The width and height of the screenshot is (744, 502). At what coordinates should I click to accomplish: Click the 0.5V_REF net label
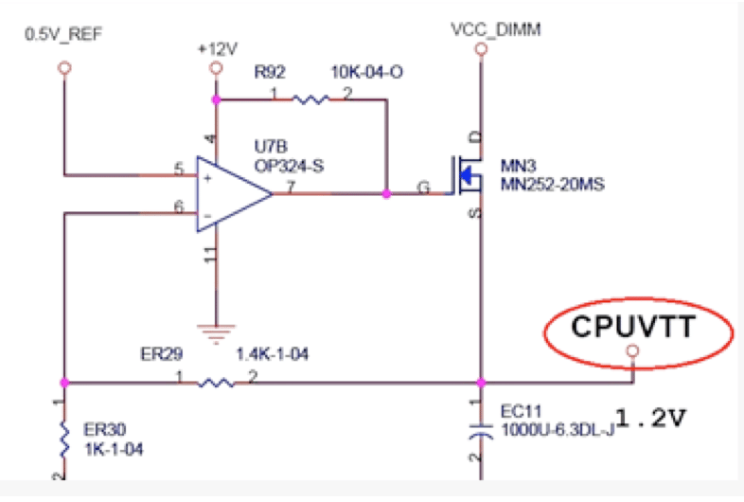[x=63, y=35]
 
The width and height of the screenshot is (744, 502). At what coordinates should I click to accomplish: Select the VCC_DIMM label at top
[x=483, y=30]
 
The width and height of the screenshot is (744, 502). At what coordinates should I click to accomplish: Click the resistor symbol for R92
[x=310, y=99]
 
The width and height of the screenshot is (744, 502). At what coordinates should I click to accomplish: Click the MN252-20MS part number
[x=552, y=183]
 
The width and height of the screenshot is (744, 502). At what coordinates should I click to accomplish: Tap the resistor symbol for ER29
[x=217, y=383]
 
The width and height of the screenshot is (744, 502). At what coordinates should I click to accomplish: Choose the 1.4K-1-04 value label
[x=272, y=354]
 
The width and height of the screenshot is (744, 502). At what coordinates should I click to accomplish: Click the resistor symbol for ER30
[x=63, y=438]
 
